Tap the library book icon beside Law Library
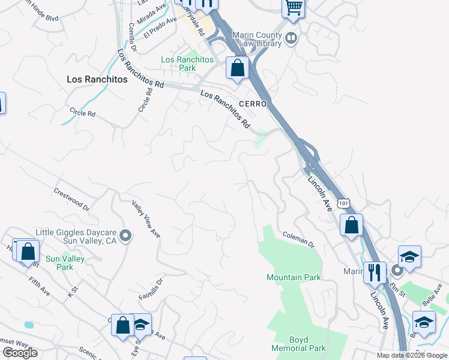click(x=291, y=39)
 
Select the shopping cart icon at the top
click(x=294, y=8)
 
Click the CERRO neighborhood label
click(x=253, y=104)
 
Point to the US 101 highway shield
click(x=343, y=204)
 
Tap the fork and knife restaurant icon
click(x=375, y=272)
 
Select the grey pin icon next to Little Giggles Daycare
click(x=125, y=236)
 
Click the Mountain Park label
click(x=294, y=277)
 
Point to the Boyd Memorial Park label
click(x=298, y=343)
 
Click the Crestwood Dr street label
click(x=71, y=199)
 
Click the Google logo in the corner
click(x=20, y=353)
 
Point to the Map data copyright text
click(x=411, y=355)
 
